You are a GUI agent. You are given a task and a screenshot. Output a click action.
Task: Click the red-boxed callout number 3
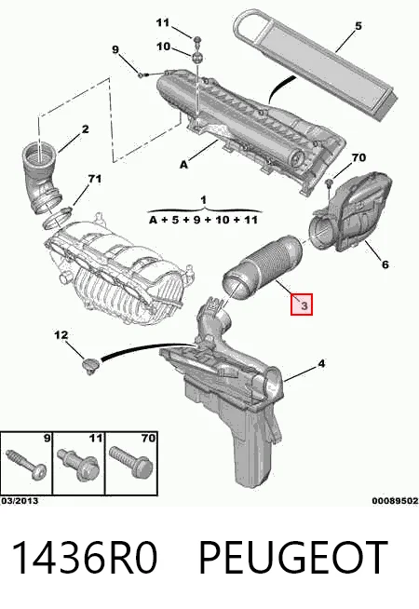[302, 304]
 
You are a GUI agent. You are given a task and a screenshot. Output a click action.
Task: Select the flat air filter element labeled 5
[316, 63]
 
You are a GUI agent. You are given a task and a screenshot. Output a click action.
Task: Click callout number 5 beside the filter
[358, 26]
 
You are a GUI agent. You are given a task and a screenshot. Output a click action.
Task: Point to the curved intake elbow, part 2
[41, 177]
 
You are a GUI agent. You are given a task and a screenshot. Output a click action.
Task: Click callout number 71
[94, 179]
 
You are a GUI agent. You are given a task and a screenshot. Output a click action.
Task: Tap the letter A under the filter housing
[183, 165]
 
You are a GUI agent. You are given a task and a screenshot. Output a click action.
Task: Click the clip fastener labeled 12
[91, 365]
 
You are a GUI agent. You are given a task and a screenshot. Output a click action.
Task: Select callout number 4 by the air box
[321, 364]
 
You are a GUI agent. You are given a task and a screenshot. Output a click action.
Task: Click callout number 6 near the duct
[385, 264]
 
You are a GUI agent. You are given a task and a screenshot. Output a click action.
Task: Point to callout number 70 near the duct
[358, 157]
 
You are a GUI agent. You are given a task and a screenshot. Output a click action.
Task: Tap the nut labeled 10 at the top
[197, 58]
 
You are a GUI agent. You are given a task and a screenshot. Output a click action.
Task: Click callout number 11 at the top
[163, 23]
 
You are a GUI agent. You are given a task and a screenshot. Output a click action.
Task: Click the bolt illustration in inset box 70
[130, 461]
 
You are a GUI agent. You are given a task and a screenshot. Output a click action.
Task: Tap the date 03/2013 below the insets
[20, 501]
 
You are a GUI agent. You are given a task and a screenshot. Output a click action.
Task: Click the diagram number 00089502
[395, 501]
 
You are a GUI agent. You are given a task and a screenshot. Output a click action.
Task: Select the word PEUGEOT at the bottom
[293, 558]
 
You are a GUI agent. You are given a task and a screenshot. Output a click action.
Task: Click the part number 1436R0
[85, 558]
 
